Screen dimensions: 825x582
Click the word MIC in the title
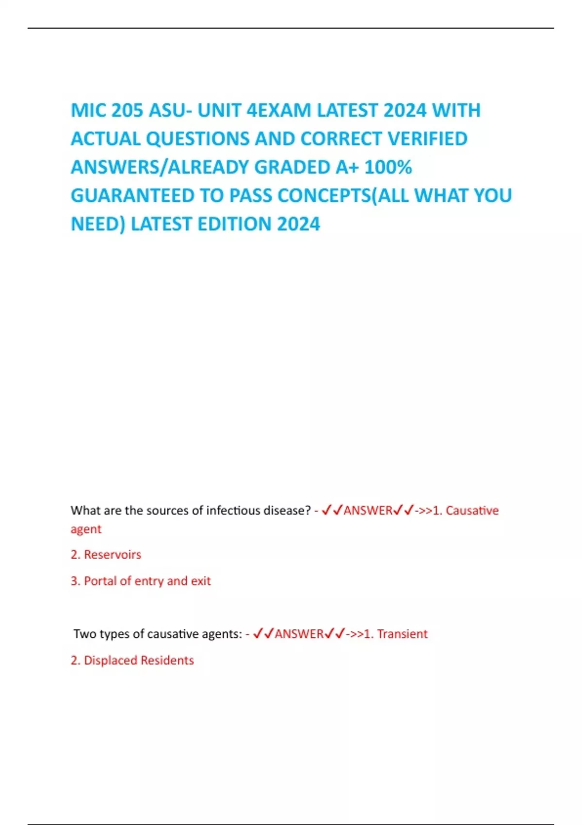point(88,111)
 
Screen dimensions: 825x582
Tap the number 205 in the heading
point(128,111)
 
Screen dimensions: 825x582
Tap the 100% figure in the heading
point(388,167)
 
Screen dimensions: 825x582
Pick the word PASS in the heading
point(250,196)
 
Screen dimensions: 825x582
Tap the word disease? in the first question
point(287,511)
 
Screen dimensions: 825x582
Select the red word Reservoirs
point(113,555)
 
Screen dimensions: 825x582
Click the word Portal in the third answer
point(100,581)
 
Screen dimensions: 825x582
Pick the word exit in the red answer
point(201,581)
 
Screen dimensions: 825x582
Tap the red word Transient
point(402,634)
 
